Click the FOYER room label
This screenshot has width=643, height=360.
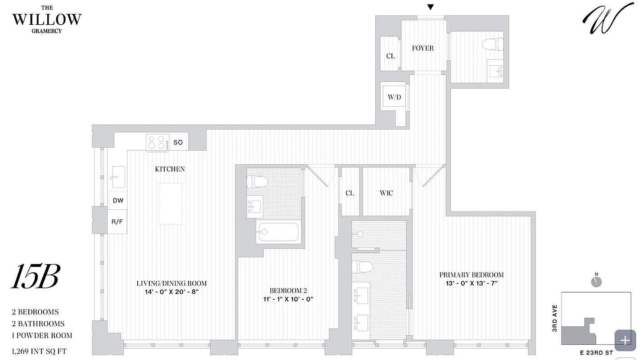click(423, 48)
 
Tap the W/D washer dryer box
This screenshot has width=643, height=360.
click(394, 97)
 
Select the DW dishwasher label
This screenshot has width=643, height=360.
click(118, 201)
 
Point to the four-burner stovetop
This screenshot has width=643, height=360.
click(157, 142)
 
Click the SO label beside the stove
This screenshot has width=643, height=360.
click(178, 143)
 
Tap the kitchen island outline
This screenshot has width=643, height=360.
click(170, 203)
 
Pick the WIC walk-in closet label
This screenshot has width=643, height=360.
click(386, 193)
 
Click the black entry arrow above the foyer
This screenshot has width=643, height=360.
click(430, 7)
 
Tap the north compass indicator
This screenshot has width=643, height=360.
click(597, 281)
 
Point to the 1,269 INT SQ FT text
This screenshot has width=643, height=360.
click(39, 351)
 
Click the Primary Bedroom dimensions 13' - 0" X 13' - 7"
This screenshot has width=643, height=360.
click(471, 283)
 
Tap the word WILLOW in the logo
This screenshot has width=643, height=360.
click(47, 19)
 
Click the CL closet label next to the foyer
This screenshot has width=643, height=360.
click(390, 56)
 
